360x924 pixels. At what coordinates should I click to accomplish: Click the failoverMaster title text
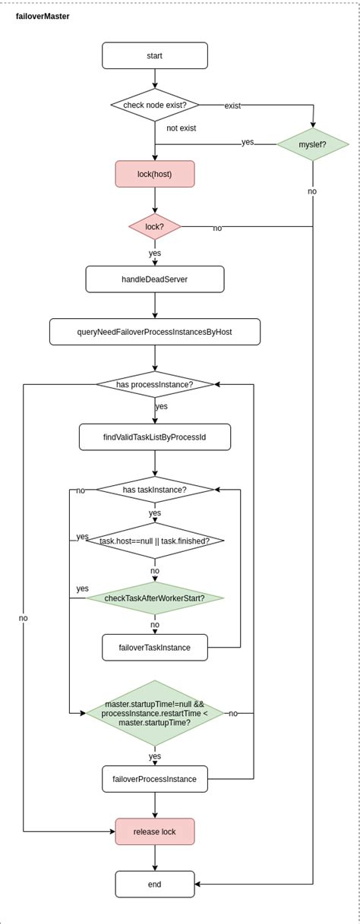pyautogui.click(x=43, y=16)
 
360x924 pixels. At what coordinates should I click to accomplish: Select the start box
pyautogui.click(x=155, y=55)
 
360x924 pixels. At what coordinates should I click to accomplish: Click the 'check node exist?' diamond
pyautogui.click(x=155, y=105)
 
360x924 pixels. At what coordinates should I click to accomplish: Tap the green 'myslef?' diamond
pyautogui.click(x=312, y=143)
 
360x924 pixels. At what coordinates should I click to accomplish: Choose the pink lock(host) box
pyautogui.click(x=155, y=174)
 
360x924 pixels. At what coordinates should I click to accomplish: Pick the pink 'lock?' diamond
pyautogui.click(x=155, y=226)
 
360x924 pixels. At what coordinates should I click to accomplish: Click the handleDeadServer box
pyautogui.click(x=155, y=279)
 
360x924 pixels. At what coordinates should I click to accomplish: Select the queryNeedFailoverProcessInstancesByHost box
pyautogui.click(x=155, y=332)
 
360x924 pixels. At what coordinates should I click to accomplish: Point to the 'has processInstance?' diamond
pyautogui.click(x=155, y=384)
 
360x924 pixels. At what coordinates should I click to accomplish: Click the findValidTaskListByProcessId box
pyautogui.click(x=155, y=437)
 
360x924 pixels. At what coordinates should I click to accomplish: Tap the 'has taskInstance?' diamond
pyautogui.click(x=155, y=490)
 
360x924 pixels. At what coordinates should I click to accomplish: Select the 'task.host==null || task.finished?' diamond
pyautogui.click(x=155, y=541)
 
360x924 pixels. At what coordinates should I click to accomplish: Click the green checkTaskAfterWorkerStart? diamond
pyautogui.click(x=155, y=598)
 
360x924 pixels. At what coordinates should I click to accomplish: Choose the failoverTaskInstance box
pyautogui.click(x=155, y=648)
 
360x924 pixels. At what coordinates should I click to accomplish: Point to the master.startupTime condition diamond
pyautogui.click(x=155, y=713)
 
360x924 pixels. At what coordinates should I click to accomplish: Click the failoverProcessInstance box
pyautogui.click(x=155, y=779)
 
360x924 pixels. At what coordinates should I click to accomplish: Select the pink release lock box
pyautogui.click(x=155, y=831)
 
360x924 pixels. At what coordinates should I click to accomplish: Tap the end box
pyautogui.click(x=155, y=884)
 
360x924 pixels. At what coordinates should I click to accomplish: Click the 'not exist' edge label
pyautogui.click(x=182, y=128)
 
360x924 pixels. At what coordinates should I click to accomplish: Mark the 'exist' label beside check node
pyautogui.click(x=232, y=106)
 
